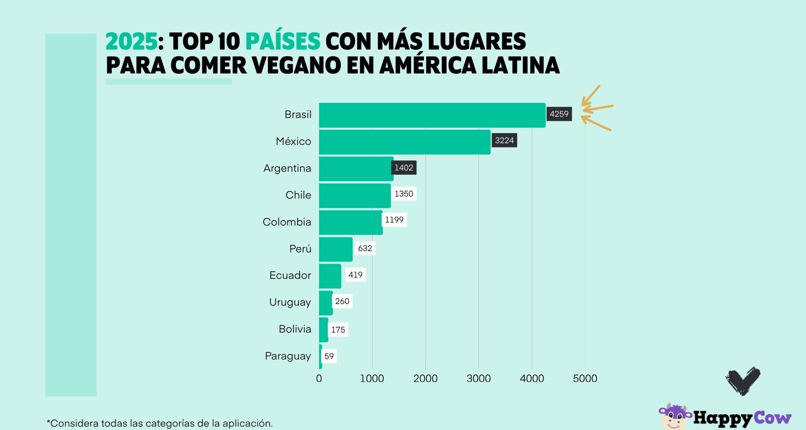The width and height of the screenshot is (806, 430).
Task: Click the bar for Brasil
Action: pos(432,115)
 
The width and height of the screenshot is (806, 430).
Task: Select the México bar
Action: pos(405,142)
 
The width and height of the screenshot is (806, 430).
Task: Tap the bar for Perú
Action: pos(336,249)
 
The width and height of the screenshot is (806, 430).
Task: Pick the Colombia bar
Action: pos(351,223)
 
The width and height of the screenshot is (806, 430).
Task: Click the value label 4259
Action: pos(559,114)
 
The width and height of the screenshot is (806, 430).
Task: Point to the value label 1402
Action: pos(404,168)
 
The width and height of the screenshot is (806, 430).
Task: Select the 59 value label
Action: pos(329,357)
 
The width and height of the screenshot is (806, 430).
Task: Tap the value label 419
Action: pos(355,275)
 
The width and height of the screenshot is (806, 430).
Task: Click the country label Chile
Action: pos(298,195)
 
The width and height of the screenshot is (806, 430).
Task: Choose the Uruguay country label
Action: pos(290,302)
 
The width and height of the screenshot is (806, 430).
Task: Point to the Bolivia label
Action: pos(295,329)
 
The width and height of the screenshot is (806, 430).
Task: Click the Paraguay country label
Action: pos(288,356)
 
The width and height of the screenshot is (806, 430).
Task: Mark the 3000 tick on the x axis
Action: pos(479,379)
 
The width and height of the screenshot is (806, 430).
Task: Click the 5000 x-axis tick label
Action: pos(585,379)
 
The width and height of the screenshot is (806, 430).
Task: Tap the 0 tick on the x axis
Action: pos(319,379)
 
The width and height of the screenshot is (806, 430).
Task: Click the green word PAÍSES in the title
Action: pos(283,42)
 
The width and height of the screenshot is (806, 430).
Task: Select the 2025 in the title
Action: pos(131,42)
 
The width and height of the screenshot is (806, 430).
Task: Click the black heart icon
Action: pos(743,380)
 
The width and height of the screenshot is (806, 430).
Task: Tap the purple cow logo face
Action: pos(674,417)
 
